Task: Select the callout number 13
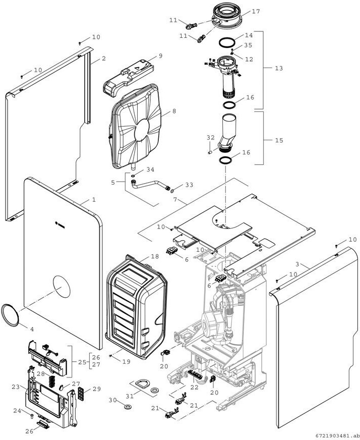[279, 68]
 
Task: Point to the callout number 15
[279, 141]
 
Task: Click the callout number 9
[160, 56]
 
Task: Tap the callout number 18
[155, 257]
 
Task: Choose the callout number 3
[297, 264]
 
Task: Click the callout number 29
[96, 390]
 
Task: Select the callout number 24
[17, 411]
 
